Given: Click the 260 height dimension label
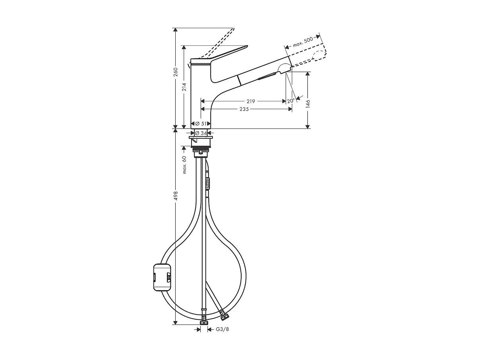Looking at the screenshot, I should pyautogui.click(x=175, y=73).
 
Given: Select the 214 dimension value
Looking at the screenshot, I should pyautogui.click(x=184, y=87).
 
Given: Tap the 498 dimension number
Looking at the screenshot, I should pyautogui.click(x=175, y=195).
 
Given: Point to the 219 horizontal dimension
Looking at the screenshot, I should pyautogui.click(x=250, y=101).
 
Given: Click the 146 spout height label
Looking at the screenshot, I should pyautogui.click(x=308, y=104).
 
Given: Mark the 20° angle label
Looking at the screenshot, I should pyautogui.click(x=290, y=101).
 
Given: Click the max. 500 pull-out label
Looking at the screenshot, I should pyautogui.click(x=303, y=42).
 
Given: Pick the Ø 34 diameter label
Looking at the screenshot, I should pyautogui.click(x=202, y=133).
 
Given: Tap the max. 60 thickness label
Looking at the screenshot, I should pyautogui.click(x=184, y=165).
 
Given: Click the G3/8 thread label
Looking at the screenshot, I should pyautogui.click(x=222, y=329).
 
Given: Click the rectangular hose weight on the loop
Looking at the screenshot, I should pyautogui.click(x=162, y=277).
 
